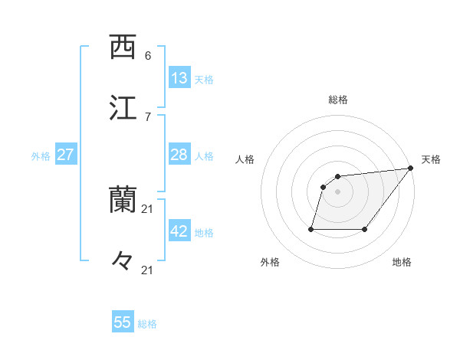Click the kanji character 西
123,47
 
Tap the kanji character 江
123,109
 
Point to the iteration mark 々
123,263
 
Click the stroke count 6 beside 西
148,56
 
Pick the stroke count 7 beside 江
148,117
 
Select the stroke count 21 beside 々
148,270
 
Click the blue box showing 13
179,78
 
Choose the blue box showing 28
179,155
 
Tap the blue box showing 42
179,231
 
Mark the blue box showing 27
66,155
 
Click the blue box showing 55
123,322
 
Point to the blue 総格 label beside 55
147,324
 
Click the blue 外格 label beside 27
41,156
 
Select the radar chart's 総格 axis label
337,100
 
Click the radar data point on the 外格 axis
311,228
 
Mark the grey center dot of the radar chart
337,191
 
